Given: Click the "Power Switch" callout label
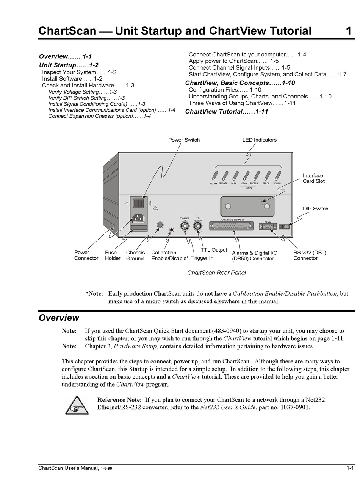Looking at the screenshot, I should click(x=184, y=140).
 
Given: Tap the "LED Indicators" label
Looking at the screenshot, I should click(x=259, y=140).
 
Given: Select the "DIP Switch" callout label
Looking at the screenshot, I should click(x=315, y=209).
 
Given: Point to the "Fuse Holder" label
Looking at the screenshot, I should click(x=113, y=255).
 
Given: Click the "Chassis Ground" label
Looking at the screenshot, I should click(x=135, y=256).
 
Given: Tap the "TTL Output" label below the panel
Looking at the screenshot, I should click(x=214, y=250).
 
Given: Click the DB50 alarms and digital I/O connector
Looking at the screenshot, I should click(x=232, y=226).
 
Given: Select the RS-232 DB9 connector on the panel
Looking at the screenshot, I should click(x=268, y=226).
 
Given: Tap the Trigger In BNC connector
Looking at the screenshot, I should click(x=185, y=226).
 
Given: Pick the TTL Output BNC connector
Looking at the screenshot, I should click(x=197, y=226).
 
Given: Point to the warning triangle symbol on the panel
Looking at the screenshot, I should click(x=155, y=207).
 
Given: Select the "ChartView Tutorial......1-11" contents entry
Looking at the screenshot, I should click(x=226, y=111).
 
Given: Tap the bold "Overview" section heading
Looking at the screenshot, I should click(x=59, y=318).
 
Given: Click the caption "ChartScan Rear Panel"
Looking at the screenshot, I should click(x=216, y=273).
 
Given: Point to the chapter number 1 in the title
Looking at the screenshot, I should click(x=349, y=31).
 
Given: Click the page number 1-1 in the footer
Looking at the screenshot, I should click(x=350, y=468).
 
